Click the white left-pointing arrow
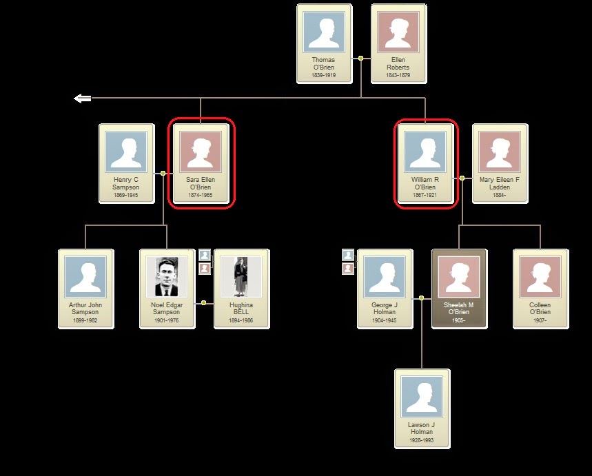pos(83,99)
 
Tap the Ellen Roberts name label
pos(398,63)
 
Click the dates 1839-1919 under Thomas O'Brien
pos(324,75)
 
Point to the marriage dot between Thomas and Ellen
pos(360,58)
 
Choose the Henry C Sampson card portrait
pos(126,152)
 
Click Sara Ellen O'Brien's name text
pos(201,183)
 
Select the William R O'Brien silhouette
pos(425,152)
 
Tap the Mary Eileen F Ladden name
pos(500,183)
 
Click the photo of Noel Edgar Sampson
pos(167,277)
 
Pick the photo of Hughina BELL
pos(241,277)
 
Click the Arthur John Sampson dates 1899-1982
pos(85,320)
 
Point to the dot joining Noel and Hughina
pos(203,302)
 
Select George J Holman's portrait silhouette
pos(385,277)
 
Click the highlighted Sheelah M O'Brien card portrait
pos(459,277)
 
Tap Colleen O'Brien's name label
pos(540,309)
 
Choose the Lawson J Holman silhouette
pos(422,397)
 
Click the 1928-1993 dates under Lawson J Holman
pos(422,440)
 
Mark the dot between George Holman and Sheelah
pos(421,298)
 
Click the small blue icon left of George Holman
pos(348,255)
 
